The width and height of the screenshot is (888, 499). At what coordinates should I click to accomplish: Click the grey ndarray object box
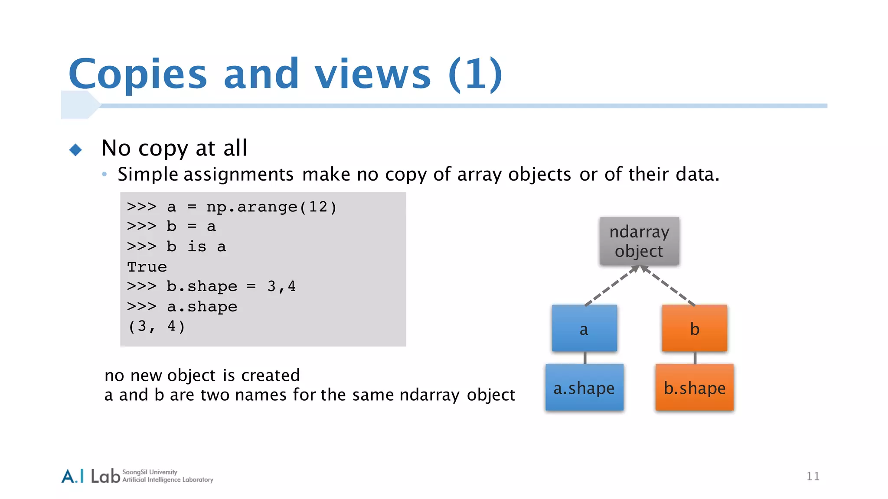(x=639, y=241)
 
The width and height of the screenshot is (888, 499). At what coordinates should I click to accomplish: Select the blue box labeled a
(x=584, y=328)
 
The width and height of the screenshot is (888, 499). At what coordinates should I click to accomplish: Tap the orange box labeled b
(x=694, y=328)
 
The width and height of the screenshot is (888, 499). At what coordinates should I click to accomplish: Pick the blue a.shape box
(x=584, y=388)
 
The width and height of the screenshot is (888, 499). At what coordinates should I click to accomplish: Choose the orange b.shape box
(x=694, y=388)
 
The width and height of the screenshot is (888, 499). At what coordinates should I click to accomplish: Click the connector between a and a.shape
(x=585, y=358)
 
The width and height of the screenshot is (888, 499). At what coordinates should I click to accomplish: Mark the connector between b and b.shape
(x=695, y=358)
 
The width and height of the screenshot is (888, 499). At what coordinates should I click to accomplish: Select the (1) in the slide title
(x=475, y=74)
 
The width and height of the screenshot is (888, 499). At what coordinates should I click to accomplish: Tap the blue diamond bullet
(x=75, y=150)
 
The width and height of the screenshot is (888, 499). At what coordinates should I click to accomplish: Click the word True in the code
(x=147, y=267)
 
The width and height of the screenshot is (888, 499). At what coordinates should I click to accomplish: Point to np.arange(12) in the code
(x=271, y=207)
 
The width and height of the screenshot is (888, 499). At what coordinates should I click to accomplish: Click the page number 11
(x=813, y=476)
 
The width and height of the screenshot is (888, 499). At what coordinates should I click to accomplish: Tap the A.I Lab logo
(x=91, y=476)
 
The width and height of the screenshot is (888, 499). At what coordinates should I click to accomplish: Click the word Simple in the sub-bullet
(x=148, y=175)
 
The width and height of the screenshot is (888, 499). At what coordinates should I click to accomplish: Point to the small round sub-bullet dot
(x=104, y=175)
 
